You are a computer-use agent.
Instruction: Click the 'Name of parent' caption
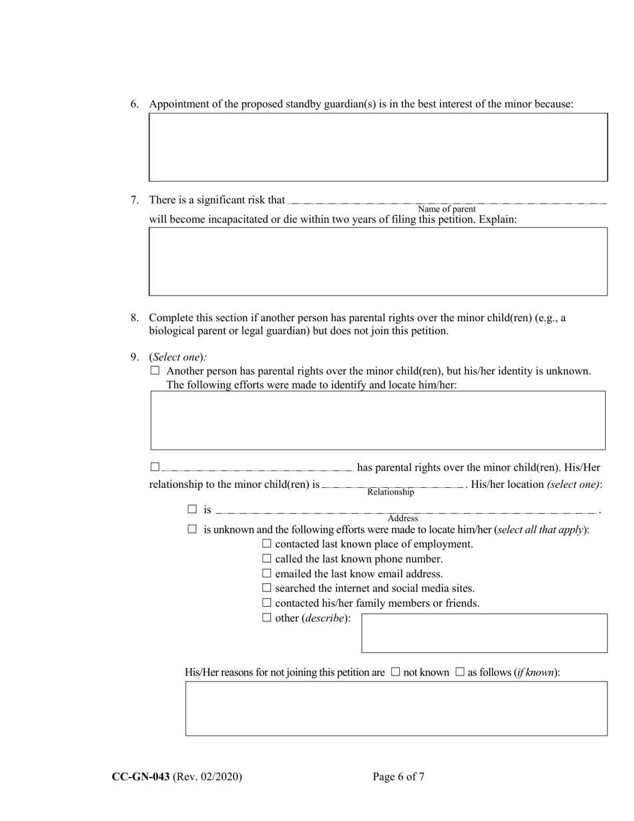[x=446, y=209]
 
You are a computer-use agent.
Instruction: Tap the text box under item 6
[x=378, y=147]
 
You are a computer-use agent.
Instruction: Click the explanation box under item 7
[x=378, y=261]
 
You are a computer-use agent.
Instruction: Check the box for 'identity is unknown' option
[x=155, y=370]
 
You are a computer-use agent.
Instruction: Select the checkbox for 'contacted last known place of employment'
[x=267, y=544]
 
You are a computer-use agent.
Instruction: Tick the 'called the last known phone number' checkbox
[x=267, y=559]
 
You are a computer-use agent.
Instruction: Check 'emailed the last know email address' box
[x=267, y=573]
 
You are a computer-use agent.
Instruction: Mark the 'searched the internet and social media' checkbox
[x=267, y=588]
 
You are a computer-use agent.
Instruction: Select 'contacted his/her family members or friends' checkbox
[x=267, y=603]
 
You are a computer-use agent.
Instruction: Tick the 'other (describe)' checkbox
[x=267, y=617]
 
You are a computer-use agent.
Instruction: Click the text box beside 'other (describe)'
[x=484, y=633]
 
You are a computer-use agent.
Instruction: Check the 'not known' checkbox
[x=395, y=672]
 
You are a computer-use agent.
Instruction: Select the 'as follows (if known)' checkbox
[x=459, y=672]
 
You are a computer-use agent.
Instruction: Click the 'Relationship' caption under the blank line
[x=390, y=492]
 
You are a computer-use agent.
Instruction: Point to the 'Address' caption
[x=402, y=518]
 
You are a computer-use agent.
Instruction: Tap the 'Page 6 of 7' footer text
[x=398, y=776]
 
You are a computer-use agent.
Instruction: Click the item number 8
[x=134, y=318]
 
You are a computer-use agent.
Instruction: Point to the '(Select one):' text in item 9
[x=178, y=357]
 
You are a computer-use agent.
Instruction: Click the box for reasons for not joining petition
[x=396, y=708]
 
